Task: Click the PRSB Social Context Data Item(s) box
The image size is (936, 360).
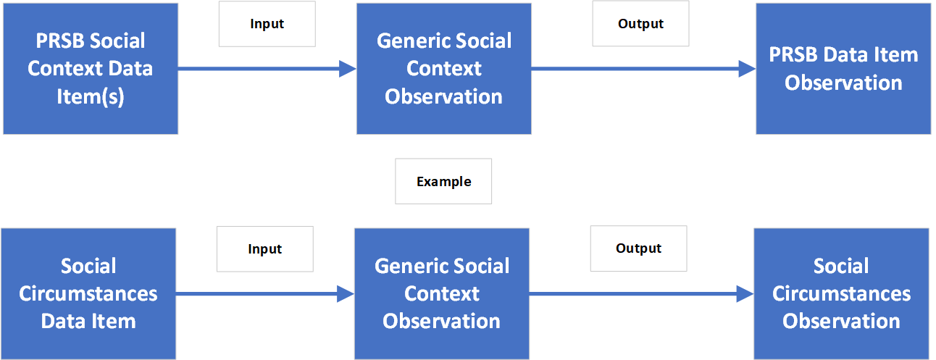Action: [91, 69]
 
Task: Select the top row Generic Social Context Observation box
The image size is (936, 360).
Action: [443, 69]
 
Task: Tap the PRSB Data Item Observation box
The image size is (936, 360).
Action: [843, 69]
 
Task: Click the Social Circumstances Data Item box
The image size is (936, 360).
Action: [88, 293]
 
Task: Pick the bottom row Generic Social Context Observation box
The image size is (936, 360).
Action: [441, 293]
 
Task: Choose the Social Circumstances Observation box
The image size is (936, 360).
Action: [841, 293]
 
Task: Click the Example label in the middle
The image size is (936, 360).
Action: [443, 182]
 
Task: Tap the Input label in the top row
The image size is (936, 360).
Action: [267, 24]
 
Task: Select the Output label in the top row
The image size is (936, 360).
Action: [640, 24]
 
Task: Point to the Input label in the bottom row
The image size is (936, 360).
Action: [264, 249]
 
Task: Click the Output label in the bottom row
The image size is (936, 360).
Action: [638, 248]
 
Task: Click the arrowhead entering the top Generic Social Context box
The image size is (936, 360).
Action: [348, 69]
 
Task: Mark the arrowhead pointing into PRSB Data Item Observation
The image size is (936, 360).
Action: [748, 69]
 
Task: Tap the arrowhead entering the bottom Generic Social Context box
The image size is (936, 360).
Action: [346, 293]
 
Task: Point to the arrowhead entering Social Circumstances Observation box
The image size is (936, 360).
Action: [745, 293]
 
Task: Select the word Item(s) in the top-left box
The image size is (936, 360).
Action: [91, 96]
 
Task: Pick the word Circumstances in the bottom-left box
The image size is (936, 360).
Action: [88, 293]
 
